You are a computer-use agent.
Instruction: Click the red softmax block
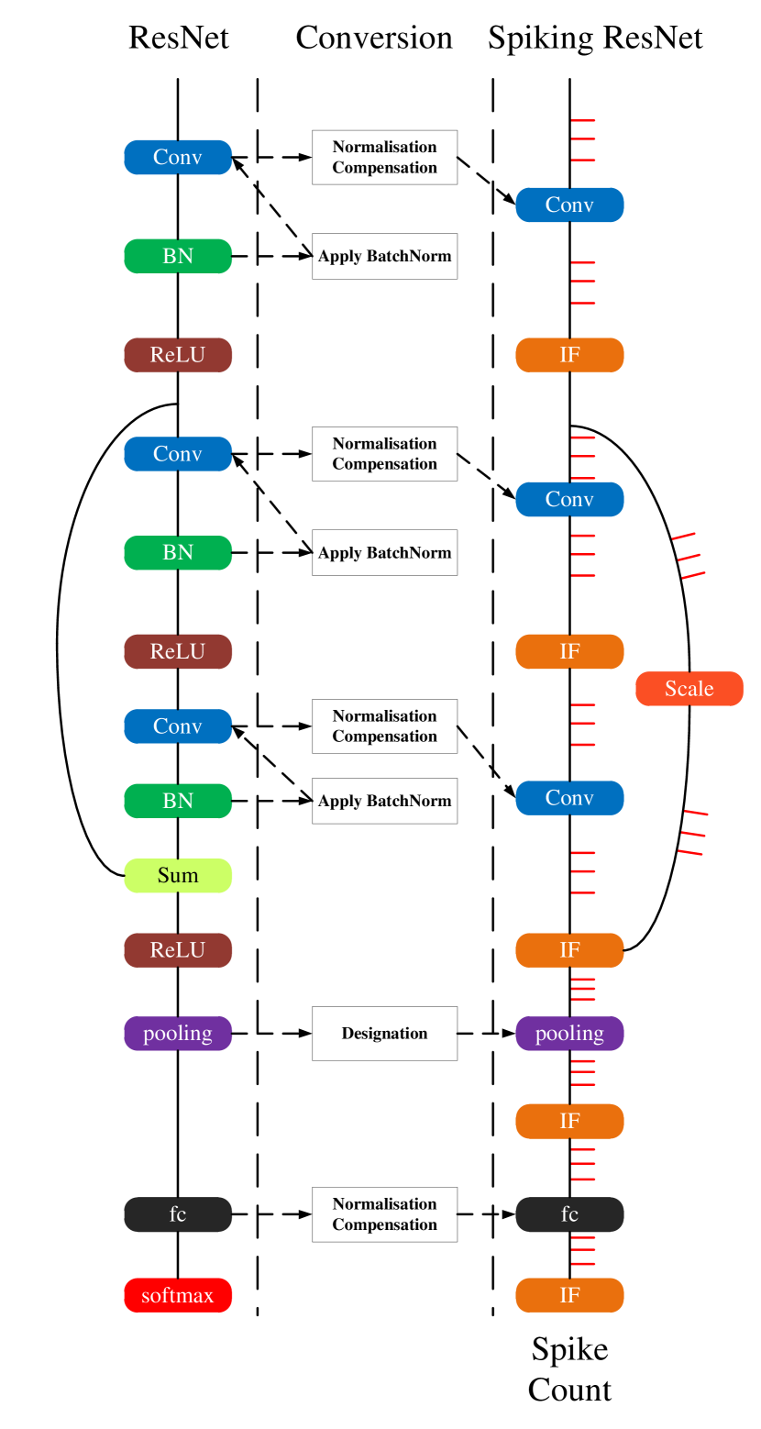click(x=177, y=1295)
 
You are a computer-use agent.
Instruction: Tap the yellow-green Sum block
click(x=177, y=875)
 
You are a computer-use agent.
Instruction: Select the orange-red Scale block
click(x=689, y=688)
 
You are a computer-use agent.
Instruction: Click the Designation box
click(x=384, y=1034)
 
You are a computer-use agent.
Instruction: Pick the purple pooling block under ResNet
click(x=177, y=1034)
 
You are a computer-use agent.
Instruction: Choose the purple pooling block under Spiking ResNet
click(x=569, y=1034)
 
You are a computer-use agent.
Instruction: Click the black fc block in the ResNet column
click(x=177, y=1214)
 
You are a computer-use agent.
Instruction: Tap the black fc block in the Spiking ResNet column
click(x=569, y=1214)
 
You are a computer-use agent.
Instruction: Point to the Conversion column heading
click(x=374, y=38)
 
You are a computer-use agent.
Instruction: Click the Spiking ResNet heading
click(x=595, y=39)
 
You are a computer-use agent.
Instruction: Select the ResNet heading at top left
click(x=179, y=38)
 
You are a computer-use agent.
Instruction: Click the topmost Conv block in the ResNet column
click(x=177, y=157)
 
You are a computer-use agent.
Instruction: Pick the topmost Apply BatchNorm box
click(x=384, y=256)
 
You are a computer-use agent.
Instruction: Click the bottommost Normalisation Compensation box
click(x=384, y=1214)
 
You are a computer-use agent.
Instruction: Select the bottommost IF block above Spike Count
click(x=569, y=1295)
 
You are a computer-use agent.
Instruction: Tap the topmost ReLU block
click(x=177, y=355)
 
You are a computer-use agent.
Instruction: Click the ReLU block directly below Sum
click(x=177, y=950)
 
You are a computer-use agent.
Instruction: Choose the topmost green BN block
click(x=177, y=256)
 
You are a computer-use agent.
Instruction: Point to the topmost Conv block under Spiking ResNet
click(x=569, y=205)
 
